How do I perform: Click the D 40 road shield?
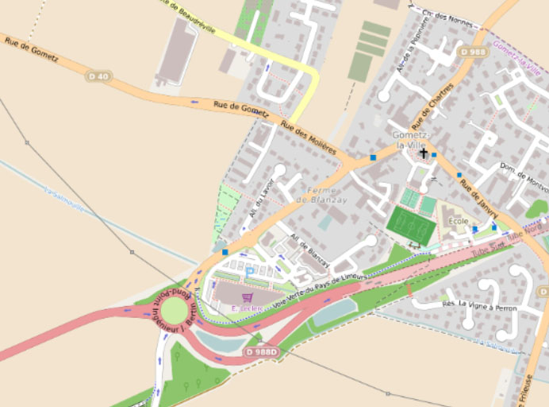click(98, 76)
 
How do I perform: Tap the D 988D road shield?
click(263, 351)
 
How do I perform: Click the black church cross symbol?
click(424, 153)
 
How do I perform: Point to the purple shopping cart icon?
click(247, 297)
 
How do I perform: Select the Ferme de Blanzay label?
click(317, 195)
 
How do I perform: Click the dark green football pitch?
click(412, 225)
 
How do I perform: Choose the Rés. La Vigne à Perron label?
click(479, 306)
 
